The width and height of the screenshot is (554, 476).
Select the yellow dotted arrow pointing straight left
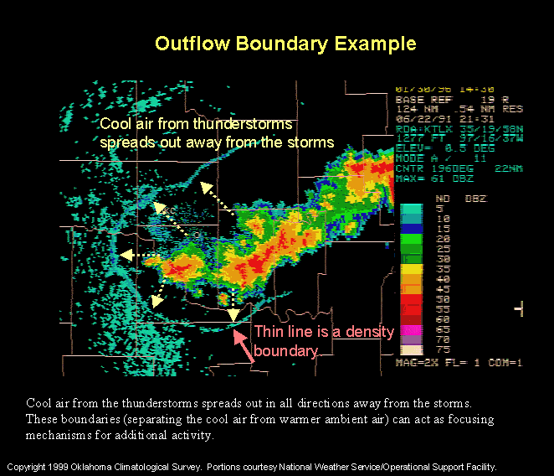(140, 254)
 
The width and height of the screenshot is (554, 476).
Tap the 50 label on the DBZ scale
(444, 297)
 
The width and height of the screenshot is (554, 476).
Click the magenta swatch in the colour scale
(411, 329)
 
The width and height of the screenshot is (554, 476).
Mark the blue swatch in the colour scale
(411, 228)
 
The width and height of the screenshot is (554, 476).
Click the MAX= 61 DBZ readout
(434, 178)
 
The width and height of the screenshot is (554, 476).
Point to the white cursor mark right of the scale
(519, 309)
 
